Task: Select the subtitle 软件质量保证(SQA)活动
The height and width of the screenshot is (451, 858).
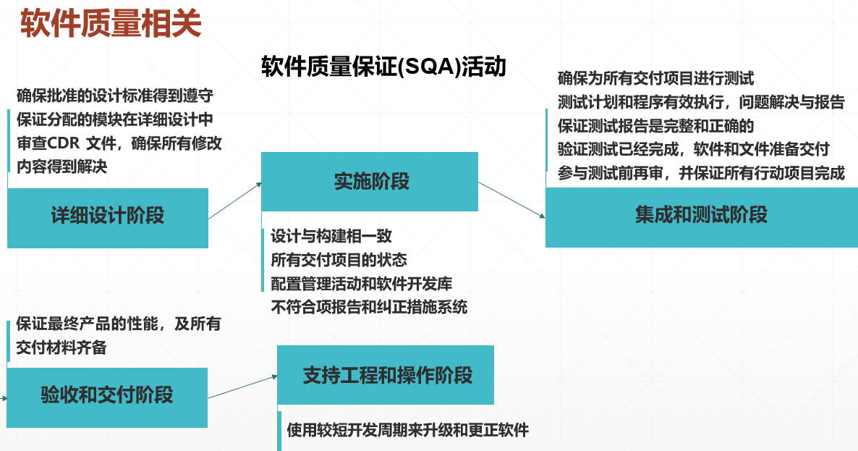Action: [383, 67]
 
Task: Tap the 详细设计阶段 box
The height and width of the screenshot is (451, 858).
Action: [108, 216]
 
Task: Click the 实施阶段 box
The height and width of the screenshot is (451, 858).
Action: [370, 182]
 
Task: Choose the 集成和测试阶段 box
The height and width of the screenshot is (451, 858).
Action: [701, 216]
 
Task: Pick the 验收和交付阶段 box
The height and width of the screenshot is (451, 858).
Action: [107, 395]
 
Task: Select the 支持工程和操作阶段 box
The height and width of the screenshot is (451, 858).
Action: [386, 375]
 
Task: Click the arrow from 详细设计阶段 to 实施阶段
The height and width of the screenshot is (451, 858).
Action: [235, 201]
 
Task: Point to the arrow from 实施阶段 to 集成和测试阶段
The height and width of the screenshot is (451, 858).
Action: [511, 199]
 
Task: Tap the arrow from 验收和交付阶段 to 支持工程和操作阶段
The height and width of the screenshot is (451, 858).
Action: [242, 387]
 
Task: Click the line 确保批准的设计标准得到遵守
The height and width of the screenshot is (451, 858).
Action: [114, 96]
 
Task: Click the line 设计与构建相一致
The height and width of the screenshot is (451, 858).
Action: [331, 236]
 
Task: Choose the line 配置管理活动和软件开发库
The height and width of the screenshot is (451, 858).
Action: [362, 284]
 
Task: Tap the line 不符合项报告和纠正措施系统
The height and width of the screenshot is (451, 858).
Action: [369, 307]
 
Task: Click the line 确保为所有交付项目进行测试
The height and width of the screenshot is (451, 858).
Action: [656, 78]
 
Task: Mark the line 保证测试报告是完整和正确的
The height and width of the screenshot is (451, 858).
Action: [656, 126]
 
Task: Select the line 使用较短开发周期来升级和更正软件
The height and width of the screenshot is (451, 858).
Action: [408, 430]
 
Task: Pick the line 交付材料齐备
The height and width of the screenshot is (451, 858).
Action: [61, 348]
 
